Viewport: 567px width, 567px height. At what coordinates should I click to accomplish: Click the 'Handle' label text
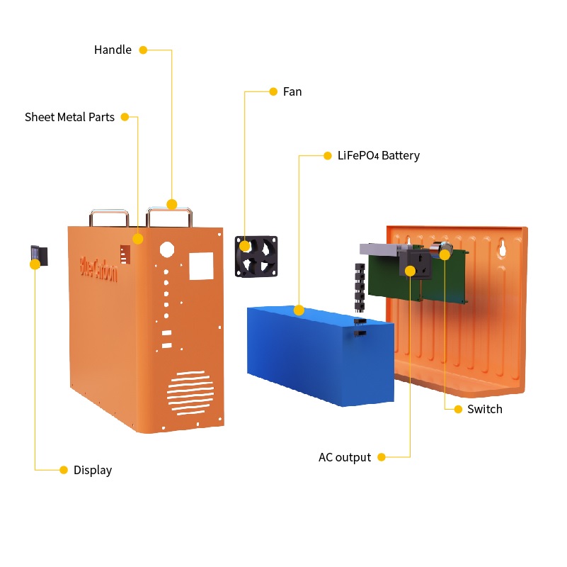pos(113,50)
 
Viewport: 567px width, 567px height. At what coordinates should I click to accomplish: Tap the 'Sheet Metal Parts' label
pos(69,117)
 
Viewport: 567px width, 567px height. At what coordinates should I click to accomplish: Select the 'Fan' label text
pos(292,91)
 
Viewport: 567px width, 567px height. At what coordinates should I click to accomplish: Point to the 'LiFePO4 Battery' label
pos(378,155)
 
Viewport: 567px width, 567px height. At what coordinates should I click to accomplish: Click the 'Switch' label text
pos(485,409)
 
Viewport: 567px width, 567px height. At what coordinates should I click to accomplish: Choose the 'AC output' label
pos(345,457)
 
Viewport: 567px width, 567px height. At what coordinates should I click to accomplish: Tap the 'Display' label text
pos(93,470)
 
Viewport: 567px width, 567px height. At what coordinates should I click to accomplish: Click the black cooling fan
pos(256,256)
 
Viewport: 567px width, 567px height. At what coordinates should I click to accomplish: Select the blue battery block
pos(319,354)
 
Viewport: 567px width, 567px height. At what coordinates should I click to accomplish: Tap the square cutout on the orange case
pos(200,266)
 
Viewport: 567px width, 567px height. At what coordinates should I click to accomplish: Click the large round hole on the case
pos(167,249)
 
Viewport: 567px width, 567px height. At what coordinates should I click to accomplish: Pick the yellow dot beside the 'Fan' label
pos(273,91)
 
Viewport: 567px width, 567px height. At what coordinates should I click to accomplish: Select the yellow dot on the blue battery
pos(299,310)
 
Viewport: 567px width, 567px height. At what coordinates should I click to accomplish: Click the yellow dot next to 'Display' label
pos(64,469)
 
